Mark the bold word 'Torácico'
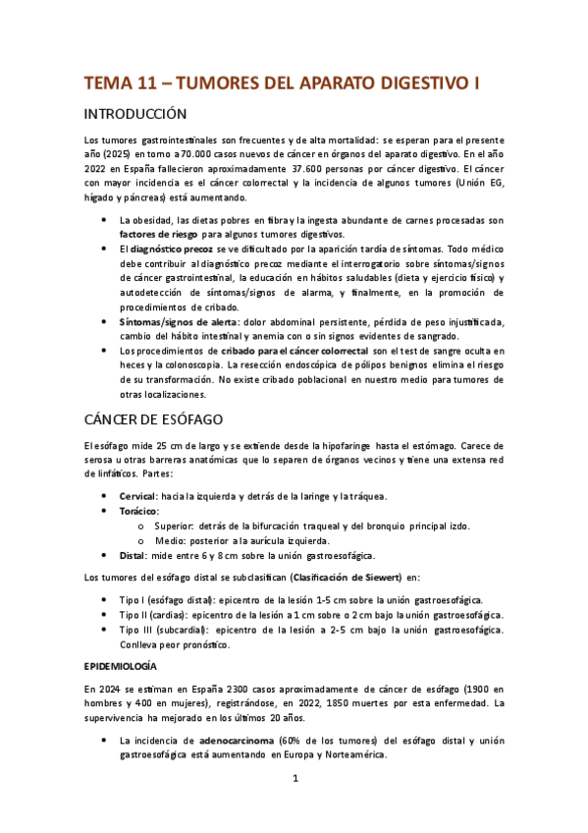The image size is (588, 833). (x=139, y=511)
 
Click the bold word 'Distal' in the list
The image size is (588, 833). (x=134, y=555)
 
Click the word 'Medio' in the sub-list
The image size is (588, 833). (x=170, y=540)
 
